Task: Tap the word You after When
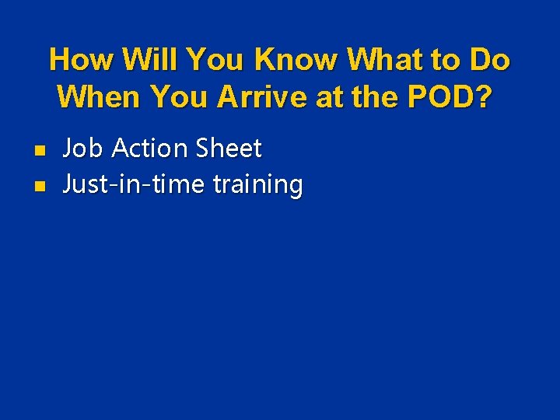(180, 97)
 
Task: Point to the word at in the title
(327, 97)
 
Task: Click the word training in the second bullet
(257, 186)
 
